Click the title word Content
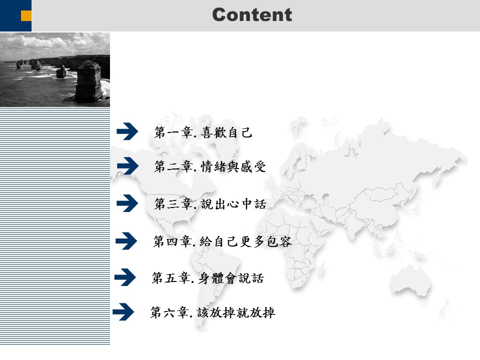point(252,14)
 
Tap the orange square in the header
point(26,16)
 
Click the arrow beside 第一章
point(127,131)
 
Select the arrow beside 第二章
point(127,165)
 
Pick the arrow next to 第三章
point(127,203)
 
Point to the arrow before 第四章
point(126,240)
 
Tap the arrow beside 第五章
point(125,277)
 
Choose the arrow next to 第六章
point(123,311)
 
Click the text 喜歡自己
point(226,132)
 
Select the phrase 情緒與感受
point(233,166)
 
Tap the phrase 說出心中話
point(233,204)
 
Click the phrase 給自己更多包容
point(246,241)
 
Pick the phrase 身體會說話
point(231,278)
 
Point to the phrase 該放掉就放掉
point(235,312)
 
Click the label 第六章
point(169,312)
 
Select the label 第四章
point(172,241)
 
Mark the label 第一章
point(173,132)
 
